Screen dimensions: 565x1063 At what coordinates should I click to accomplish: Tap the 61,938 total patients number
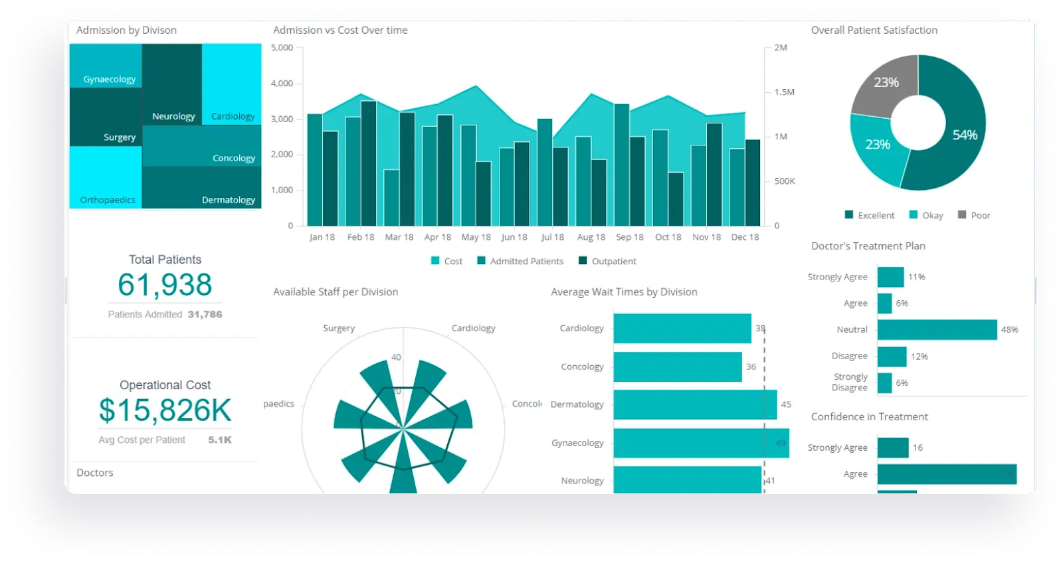(x=165, y=285)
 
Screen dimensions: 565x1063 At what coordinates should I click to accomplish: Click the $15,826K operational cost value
(x=165, y=410)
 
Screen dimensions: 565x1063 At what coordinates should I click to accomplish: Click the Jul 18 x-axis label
(x=552, y=237)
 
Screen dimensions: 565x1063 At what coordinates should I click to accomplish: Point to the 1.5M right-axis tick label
(x=784, y=92)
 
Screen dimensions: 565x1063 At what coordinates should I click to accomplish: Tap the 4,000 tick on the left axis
(x=282, y=84)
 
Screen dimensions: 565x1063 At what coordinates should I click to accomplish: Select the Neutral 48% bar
(x=937, y=330)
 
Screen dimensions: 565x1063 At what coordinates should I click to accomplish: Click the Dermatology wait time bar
(x=695, y=404)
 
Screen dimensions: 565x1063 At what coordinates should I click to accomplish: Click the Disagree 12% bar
(x=892, y=357)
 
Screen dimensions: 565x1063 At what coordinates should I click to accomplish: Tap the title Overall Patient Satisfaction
(x=874, y=30)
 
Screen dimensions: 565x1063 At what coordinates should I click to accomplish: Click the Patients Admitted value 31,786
(x=205, y=314)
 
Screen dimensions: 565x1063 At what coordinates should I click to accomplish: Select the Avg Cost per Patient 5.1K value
(x=220, y=440)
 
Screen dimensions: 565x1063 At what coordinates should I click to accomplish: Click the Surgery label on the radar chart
(x=339, y=328)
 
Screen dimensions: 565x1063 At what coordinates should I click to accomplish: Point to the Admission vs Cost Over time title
(x=340, y=30)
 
